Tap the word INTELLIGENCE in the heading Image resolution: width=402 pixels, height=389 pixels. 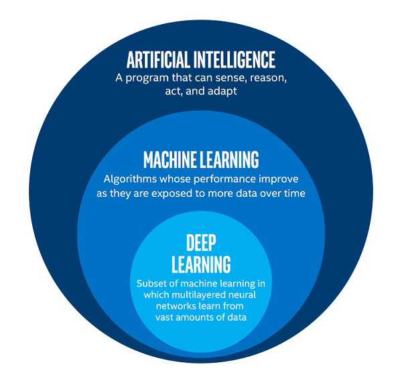pos(234,60)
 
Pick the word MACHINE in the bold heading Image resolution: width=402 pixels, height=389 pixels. pos(170,159)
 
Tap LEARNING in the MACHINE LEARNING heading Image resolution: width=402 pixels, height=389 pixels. pos(229,159)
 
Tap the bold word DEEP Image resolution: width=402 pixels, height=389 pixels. pos(201,242)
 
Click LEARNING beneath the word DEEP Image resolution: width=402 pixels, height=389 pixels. pos(201,264)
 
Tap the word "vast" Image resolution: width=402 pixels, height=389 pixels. pos(164,317)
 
